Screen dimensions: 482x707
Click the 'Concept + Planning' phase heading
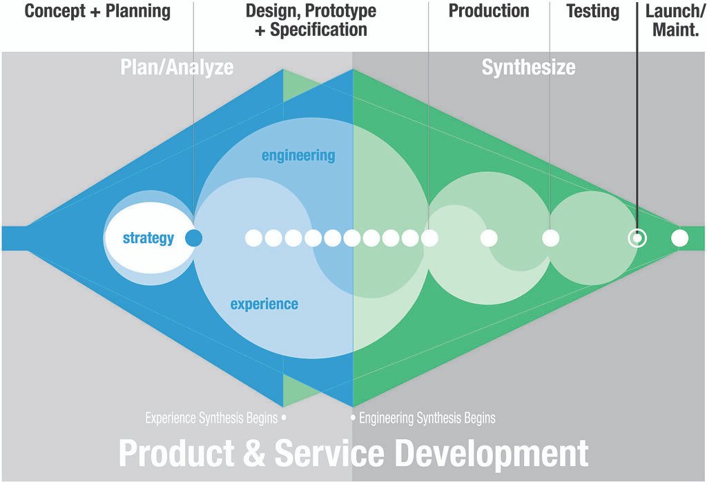(97, 11)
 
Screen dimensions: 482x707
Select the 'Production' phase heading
(489, 11)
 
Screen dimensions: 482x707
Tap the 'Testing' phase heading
(592, 11)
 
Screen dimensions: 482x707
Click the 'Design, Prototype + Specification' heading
(311, 20)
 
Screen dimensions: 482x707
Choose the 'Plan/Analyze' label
(177, 67)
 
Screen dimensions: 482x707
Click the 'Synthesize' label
(528, 67)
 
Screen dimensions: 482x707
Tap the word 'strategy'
(148, 238)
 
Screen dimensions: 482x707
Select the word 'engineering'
(298, 155)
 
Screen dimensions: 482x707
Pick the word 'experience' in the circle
(264, 304)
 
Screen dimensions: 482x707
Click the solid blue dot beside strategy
(194, 238)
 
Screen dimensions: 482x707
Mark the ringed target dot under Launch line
(637, 238)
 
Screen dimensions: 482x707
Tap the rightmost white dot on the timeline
(680, 238)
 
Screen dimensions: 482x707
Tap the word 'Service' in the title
(329, 454)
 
